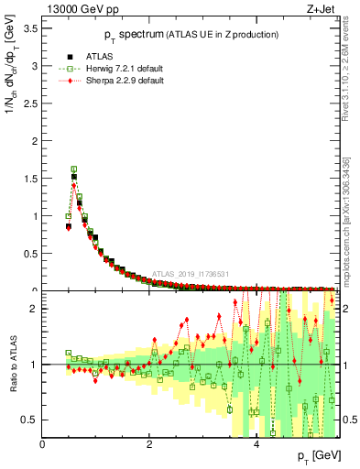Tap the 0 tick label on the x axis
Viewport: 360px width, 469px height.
click(43, 444)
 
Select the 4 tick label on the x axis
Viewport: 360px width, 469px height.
click(256, 444)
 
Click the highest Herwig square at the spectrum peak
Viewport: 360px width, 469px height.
click(74, 169)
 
